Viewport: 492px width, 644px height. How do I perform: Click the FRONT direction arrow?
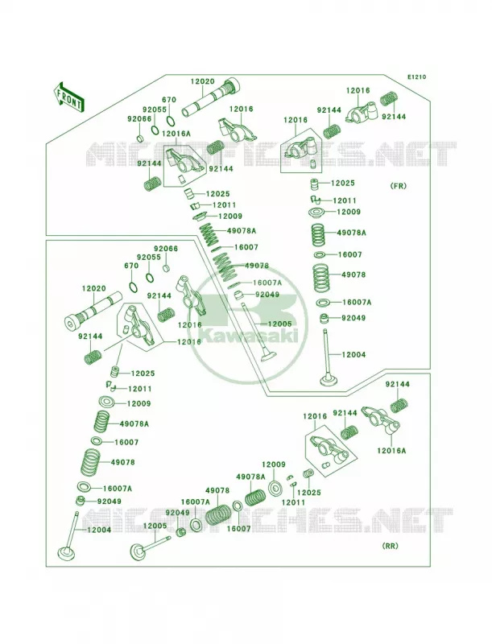point(68,97)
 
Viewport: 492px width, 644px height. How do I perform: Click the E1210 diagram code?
point(416,76)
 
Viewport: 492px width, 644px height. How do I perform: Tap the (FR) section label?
point(398,186)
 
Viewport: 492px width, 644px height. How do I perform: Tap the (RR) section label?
point(391,546)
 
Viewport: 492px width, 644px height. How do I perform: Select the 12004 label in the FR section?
point(353,354)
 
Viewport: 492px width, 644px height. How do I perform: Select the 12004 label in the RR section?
point(99,530)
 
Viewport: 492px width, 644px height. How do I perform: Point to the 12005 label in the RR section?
point(155,526)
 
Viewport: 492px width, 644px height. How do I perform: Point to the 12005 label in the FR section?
point(279,324)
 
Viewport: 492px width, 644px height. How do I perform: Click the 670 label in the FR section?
point(169,100)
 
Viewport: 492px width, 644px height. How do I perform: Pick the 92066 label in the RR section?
point(166,249)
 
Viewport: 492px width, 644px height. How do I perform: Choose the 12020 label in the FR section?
point(202,81)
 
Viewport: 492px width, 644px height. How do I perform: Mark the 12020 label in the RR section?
point(94,289)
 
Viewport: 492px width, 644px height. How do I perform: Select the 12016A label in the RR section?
point(391,451)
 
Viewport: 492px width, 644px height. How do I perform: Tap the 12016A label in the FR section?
point(176,134)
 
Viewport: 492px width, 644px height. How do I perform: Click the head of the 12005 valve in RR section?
point(137,551)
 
